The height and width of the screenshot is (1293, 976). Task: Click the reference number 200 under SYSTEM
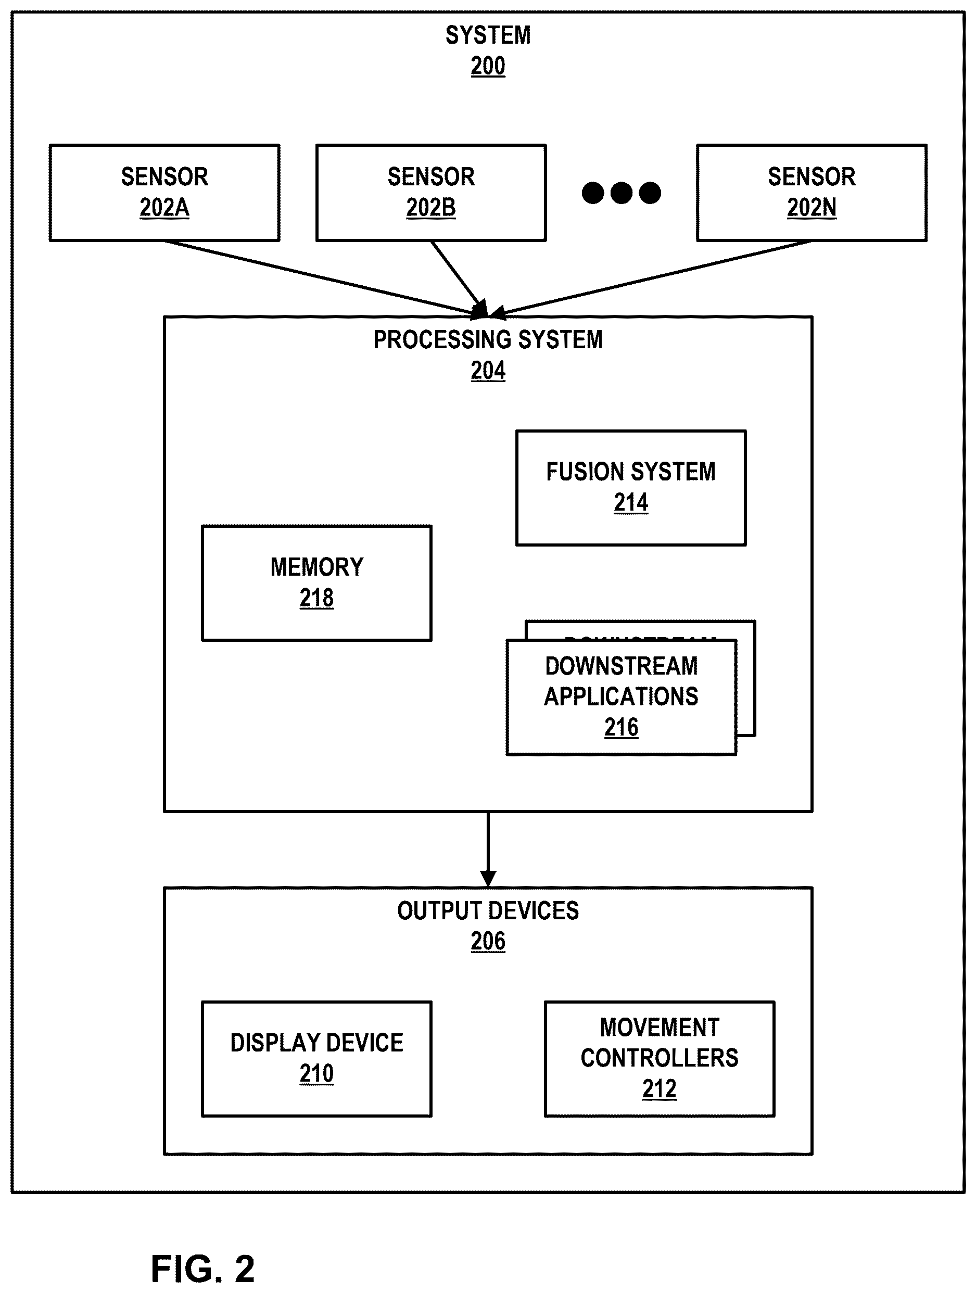pyautogui.click(x=488, y=66)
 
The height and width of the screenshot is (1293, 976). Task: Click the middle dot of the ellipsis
pyautogui.click(x=621, y=193)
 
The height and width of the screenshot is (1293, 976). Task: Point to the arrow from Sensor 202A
pyautogui.click(x=325, y=279)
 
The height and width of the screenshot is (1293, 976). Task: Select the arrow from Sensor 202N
pyautogui.click(x=651, y=279)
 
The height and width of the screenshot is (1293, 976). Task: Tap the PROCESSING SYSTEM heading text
pyautogui.click(x=488, y=339)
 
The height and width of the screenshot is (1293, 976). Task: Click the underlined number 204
pyautogui.click(x=488, y=371)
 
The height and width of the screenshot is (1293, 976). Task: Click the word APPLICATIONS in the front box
pyautogui.click(x=621, y=697)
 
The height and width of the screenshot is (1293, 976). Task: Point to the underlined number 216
pyautogui.click(x=621, y=728)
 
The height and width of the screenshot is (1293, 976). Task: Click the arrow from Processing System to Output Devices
pyautogui.click(x=488, y=850)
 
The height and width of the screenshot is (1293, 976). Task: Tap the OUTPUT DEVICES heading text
pyautogui.click(x=488, y=911)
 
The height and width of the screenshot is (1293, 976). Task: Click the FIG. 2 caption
pyautogui.click(x=203, y=1269)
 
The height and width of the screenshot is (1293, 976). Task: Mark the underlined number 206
pyautogui.click(x=488, y=942)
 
